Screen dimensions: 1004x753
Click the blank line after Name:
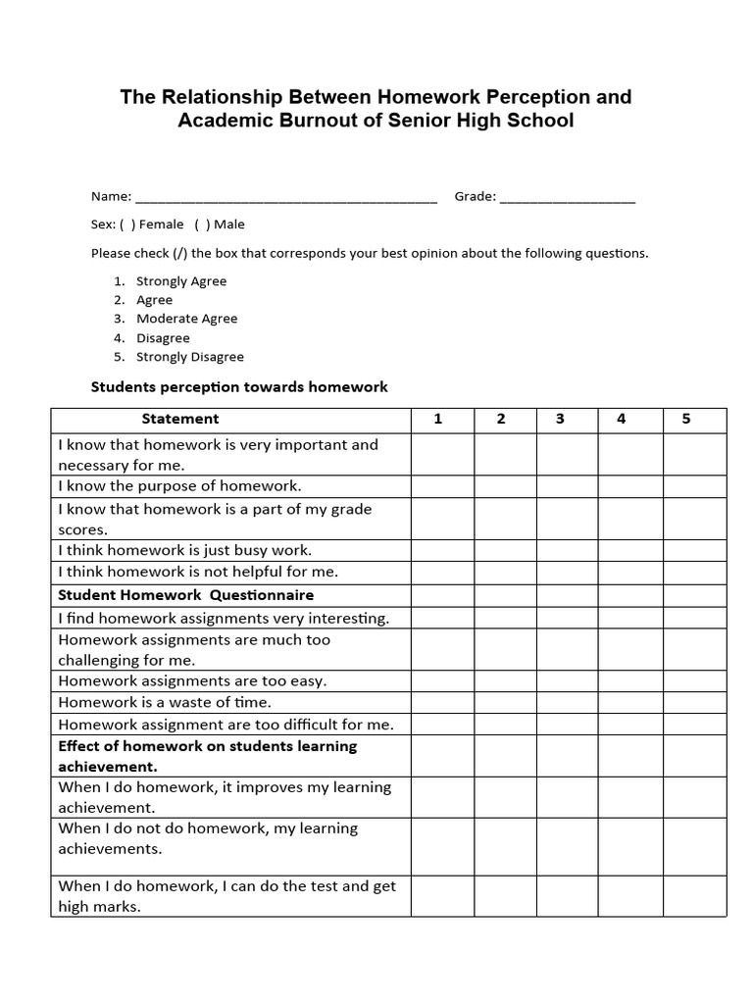[285, 198]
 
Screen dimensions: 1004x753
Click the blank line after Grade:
[568, 198]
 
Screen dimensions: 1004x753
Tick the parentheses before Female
[128, 225]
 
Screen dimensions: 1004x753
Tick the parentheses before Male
[202, 225]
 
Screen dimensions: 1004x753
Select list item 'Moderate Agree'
[186, 319]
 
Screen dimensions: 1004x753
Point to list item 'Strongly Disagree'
[189, 357]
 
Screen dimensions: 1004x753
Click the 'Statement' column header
[180, 420]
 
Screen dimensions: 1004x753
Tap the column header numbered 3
[560, 420]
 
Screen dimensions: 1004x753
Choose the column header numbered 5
[686, 420]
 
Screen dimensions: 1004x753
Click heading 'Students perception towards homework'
[239, 387]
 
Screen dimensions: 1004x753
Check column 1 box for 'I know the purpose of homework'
[442, 486]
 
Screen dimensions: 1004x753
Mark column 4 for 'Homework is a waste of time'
[630, 703]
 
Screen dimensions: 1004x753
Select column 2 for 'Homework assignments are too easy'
[505, 681]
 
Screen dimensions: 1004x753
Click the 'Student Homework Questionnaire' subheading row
[185, 595]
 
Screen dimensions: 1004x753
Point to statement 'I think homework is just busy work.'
[184, 550]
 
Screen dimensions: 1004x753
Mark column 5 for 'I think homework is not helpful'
[694, 572]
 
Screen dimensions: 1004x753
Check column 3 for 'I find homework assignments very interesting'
[567, 619]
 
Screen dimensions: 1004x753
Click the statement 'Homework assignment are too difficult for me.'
[226, 725]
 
